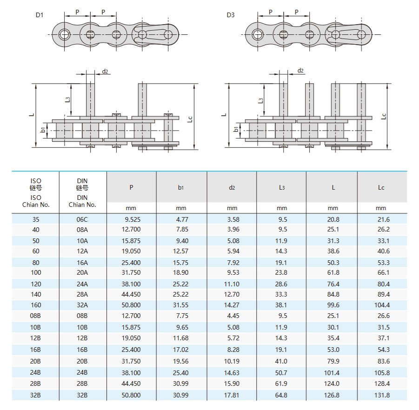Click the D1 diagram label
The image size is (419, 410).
click(x=40, y=15)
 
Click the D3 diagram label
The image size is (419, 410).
click(x=231, y=15)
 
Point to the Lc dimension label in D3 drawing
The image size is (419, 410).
click(x=384, y=116)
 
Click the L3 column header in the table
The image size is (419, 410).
click(x=282, y=188)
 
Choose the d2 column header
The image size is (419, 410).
click(x=232, y=188)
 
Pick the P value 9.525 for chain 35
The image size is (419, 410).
click(x=132, y=219)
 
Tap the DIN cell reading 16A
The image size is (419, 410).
click(x=82, y=262)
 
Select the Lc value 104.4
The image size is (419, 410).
click(x=381, y=305)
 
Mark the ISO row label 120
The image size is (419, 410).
click(x=36, y=284)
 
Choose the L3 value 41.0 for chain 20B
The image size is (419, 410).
click(x=281, y=361)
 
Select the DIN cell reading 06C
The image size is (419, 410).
click(x=82, y=219)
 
